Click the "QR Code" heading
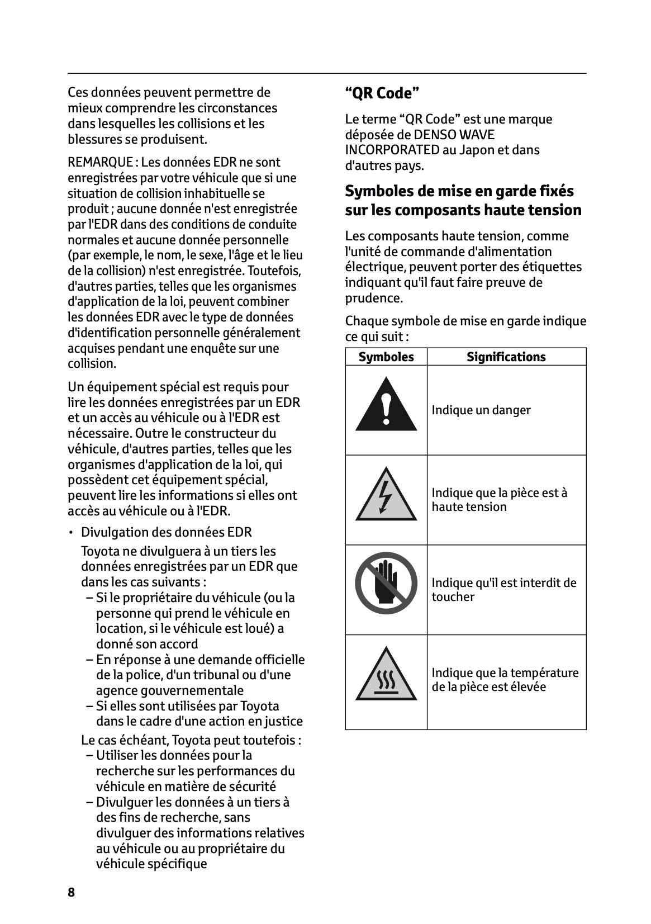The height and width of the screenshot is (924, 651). point(382,93)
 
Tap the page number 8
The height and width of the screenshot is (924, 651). point(71,892)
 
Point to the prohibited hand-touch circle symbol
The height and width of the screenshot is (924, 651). point(386,583)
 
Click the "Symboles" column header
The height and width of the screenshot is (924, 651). point(386,357)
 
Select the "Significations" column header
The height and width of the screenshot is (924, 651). point(506,357)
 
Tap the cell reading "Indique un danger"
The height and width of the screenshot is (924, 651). point(481,410)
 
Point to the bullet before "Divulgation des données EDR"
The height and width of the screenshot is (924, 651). point(71,533)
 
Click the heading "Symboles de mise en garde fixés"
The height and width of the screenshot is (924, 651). point(459,191)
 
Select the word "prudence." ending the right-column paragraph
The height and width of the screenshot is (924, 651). point(373,298)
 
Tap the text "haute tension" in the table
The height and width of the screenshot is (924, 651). point(469,507)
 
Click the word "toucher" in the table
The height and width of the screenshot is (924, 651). point(453,597)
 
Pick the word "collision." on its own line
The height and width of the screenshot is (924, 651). point(92,364)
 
